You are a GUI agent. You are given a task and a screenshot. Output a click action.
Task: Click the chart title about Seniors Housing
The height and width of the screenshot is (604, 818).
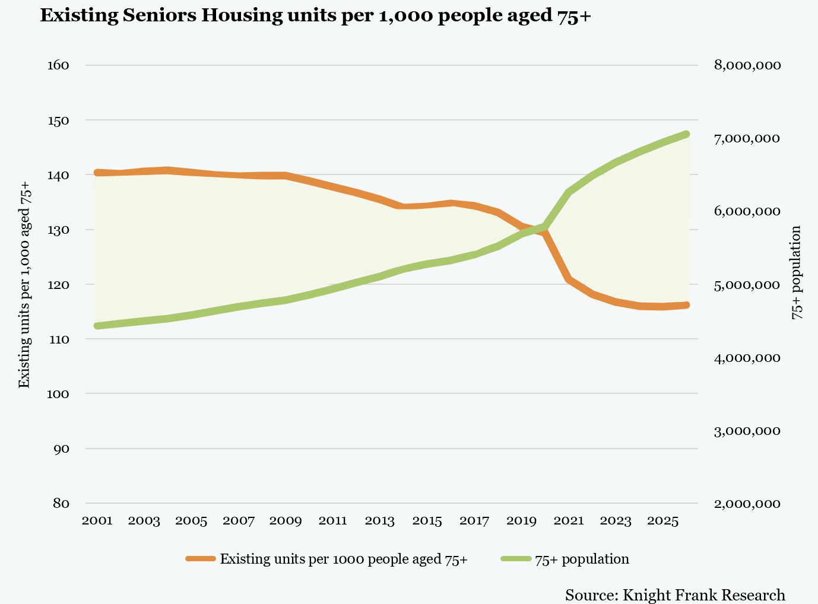(x=315, y=16)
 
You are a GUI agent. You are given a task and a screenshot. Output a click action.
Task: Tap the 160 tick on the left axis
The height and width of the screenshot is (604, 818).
(x=58, y=65)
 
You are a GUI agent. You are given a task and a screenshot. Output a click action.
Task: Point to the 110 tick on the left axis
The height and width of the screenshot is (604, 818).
(x=58, y=339)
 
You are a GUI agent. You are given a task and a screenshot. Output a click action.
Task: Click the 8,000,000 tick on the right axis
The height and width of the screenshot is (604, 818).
(x=747, y=65)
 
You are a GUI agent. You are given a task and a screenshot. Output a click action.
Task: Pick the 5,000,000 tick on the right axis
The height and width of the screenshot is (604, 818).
(x=747, y=285)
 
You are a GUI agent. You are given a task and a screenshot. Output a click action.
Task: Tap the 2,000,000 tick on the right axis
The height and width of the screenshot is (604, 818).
(x=747, y=504)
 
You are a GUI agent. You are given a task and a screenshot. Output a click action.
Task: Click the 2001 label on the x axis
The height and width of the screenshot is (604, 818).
(x=97, y=521)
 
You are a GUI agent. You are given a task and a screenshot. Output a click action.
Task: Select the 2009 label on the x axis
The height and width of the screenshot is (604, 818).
(x=286, y=521)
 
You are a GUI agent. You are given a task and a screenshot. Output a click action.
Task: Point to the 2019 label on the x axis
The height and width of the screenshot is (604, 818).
(x=522, y=521)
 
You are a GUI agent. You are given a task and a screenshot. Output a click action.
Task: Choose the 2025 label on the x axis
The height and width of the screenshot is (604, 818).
(x=663, y=521)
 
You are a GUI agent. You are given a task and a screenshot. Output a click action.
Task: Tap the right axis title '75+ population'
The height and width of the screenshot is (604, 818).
(x=797, y=272)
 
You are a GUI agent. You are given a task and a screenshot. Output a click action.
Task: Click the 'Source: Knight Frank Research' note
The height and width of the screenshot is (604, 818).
(x=675, y=595)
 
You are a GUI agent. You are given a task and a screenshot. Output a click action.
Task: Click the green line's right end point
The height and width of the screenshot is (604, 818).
(x=686, y=134)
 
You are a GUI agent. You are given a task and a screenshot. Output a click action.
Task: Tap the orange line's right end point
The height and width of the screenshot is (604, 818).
(x=686, y=305)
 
